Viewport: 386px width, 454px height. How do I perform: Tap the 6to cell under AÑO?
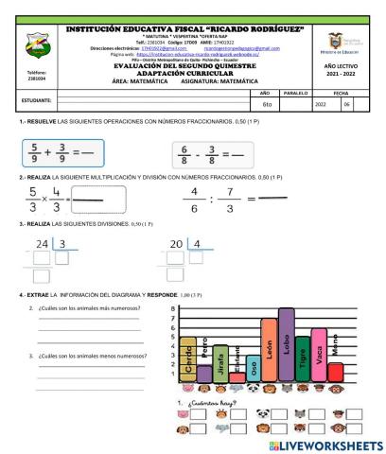pyautogui.click(x=267, y=104)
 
